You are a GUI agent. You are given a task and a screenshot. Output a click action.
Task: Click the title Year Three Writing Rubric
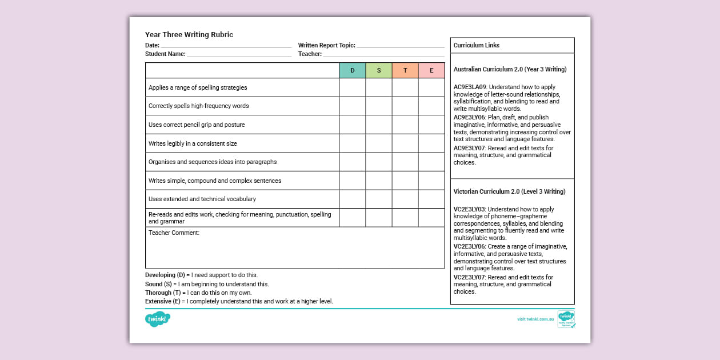pyautogui.click(x=189, y=35)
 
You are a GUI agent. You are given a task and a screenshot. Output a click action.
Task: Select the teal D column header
pyautogui.click(x=352, y=70)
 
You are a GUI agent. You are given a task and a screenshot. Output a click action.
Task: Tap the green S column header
pyautogui.click(x=378, y=70)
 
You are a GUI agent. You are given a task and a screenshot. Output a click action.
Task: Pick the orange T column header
pyautogui.click(x=405, y=70)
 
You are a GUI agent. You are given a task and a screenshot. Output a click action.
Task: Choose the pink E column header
pyautogui.click(x=431, y=70)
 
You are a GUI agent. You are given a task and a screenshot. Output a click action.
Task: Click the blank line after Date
pyautogui.click(x=226, y=46)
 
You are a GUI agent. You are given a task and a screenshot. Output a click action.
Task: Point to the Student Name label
pyautogui.click(x=165, y=54)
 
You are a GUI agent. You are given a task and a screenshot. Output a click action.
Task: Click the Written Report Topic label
pyautogui.click(x=326, y=45)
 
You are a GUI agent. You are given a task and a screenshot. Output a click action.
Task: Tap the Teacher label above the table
pyautogui.click(x=310, y=54)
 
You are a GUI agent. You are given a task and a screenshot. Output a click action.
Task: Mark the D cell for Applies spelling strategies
pyautogui.click(x=352, y=87)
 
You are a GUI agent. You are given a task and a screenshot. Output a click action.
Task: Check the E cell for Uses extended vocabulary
pyautogui.click(x=431, y=199)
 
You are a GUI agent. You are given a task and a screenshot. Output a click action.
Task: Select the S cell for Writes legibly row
pyautogui.click(x=378, y=143)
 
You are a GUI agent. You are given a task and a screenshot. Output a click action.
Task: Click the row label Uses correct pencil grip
pyautogui.click(x=197, y=125)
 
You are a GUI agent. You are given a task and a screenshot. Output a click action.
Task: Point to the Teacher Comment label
pyautogui.click(x=174, y=233)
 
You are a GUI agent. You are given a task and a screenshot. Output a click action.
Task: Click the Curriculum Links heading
pyautogui.click(x=477, y=45)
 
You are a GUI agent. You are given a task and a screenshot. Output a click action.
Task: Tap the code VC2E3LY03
pyautogui.click(x=469, y=210)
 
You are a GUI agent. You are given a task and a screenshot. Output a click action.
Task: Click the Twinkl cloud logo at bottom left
pyautogui.click(x=158, y=319)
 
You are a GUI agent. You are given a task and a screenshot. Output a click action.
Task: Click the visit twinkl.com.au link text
pyautogui.click(x=535, y=319)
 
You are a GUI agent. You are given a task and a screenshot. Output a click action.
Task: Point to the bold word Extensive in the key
pyautogui.click(x=158, y=301)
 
